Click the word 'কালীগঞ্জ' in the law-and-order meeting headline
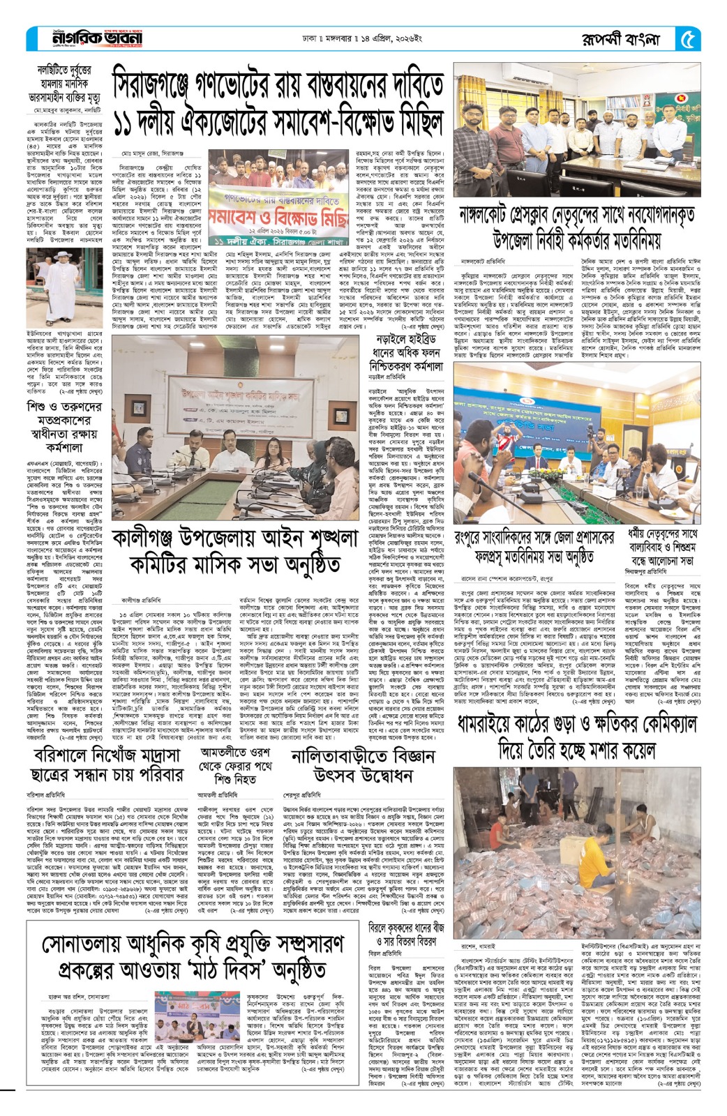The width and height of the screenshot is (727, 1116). [x=155, y=539]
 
